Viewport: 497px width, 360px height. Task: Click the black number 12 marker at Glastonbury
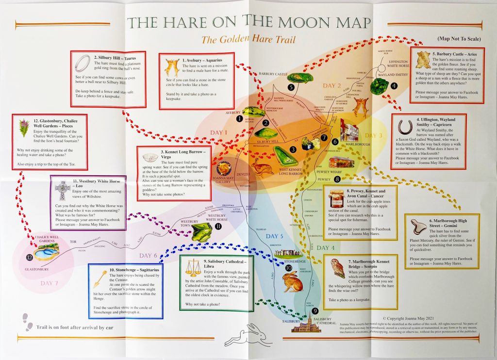30,258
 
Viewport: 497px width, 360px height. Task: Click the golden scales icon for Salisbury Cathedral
194,268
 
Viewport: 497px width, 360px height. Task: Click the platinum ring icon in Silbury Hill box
84,62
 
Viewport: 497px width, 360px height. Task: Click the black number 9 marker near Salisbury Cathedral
315,311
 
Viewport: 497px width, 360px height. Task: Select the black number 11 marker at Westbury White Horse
218,226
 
